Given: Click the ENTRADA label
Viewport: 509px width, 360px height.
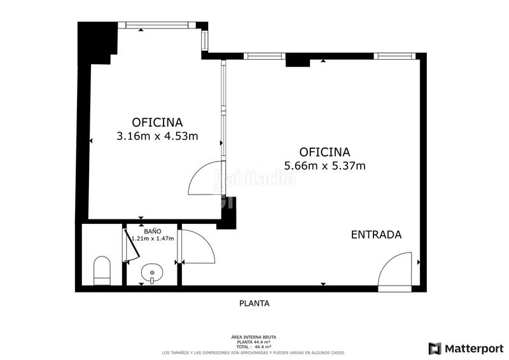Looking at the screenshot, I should [376, 235].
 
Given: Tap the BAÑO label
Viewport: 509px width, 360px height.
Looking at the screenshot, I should [152, 231].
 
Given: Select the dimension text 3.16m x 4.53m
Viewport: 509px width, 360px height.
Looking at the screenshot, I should [157, 135].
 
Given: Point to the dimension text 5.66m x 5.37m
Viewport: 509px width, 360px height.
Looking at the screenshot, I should [324, 166].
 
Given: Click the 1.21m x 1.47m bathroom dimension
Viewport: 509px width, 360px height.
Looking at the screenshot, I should [153, 239].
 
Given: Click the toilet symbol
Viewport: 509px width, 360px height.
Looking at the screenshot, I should [102, 270].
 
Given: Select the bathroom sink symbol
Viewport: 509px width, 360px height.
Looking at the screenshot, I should [152, 274].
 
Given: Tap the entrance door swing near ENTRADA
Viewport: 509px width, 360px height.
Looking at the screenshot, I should [397, 270].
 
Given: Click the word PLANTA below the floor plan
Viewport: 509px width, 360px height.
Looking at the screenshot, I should [254, 303].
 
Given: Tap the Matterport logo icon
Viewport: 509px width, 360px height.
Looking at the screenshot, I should [435, 348].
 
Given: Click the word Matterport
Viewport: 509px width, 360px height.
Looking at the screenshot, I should [474, 348].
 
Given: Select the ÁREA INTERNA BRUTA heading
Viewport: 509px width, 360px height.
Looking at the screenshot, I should [254, 337].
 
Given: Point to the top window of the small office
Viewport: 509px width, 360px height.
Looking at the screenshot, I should [160, 25].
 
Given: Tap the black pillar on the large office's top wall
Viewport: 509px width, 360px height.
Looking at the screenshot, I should [297, 60].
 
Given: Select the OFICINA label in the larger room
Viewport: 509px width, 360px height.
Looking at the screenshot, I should [324, 152].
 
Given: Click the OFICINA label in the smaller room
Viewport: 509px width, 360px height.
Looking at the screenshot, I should [157, 121].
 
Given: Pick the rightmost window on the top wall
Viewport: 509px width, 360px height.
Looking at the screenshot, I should [394, 56].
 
